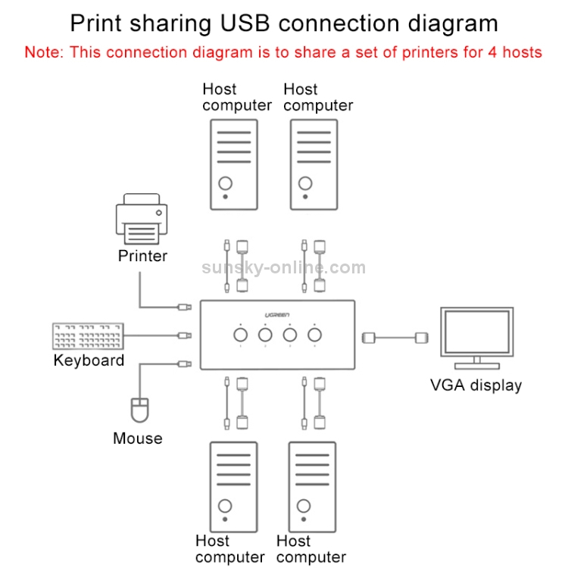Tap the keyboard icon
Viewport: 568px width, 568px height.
pos(88,335)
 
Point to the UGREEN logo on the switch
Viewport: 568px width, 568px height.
pos(276,315)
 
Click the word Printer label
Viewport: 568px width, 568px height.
pos(142,256)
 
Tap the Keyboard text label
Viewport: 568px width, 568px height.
pos(89,360)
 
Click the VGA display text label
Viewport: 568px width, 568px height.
pos(476,385)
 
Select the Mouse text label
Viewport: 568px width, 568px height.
pos(137,438)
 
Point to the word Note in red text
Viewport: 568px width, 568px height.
pos(43,53)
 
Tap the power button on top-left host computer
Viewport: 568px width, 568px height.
pos(225,183)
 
